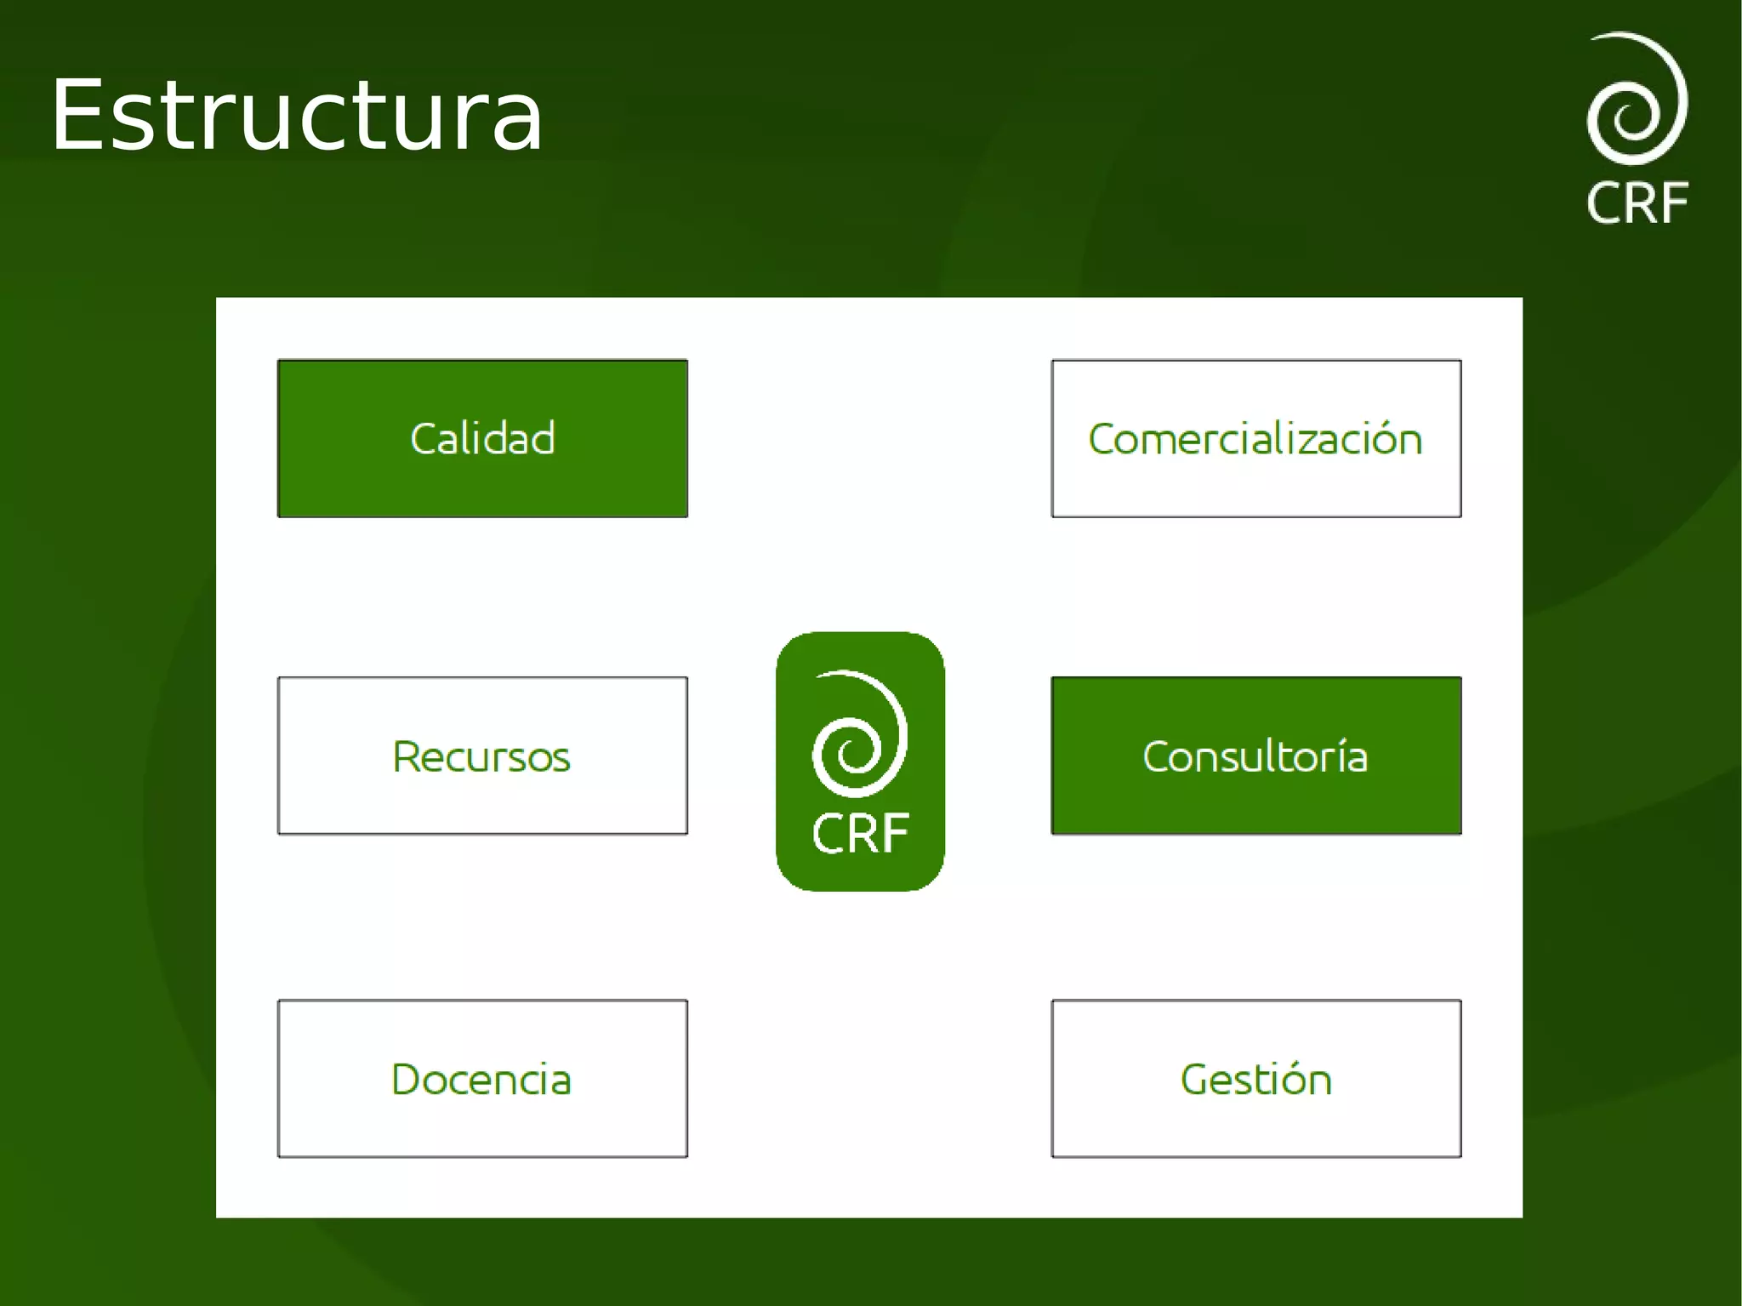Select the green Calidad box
pyautogui.click(x=482, y=438)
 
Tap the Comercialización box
pyautogui.click(x=1255, y=438)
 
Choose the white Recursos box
pyautogui.click(x=482, y=756)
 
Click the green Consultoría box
pyautogui.click(x=1255, y=756)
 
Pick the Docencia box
pyautogui.click(x=482, y=1078)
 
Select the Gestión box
pyautogui.click(x=1255, y=1078)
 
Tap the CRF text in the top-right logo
pyautogui.click(x=1637, y=203)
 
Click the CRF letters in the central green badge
pyautogui.click(x=860, y=833)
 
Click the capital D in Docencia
pyautogui.click(x=407, y=1079)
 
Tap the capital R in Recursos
pyautogui.click(x=406, y=756)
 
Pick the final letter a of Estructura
pyautogui.click(x=518, y=123)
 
